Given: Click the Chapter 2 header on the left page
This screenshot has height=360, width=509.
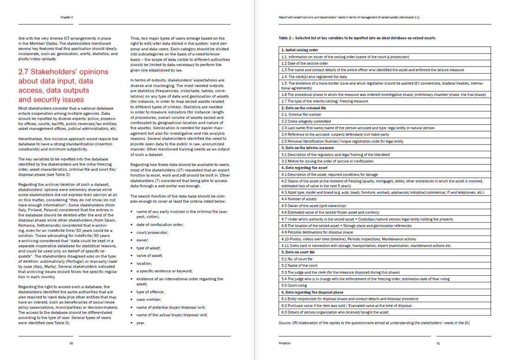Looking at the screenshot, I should (x=67, y=18).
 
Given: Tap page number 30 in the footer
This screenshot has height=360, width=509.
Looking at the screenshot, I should (x=71, y=343).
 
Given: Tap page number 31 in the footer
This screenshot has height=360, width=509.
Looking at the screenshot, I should (x=438, y=343).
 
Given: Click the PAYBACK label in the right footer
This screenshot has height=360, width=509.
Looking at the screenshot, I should (x=285, y=343).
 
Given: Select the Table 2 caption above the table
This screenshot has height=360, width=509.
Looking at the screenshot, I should (x=357, y=38).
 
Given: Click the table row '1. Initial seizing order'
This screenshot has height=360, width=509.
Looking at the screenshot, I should (x=300, y=50).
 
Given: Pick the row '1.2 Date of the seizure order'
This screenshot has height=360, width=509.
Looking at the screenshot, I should (x=305, y=63).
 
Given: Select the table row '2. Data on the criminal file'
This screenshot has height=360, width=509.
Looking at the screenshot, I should (x=306, y=108).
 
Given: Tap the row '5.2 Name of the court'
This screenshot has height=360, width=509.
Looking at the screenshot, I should (x=300, y=266).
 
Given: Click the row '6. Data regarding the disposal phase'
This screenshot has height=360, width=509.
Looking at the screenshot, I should (x=312, y=292).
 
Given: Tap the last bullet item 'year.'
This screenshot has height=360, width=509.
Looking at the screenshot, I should (x=141, y=323).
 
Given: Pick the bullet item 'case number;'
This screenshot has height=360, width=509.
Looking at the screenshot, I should (x=148, y=299).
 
